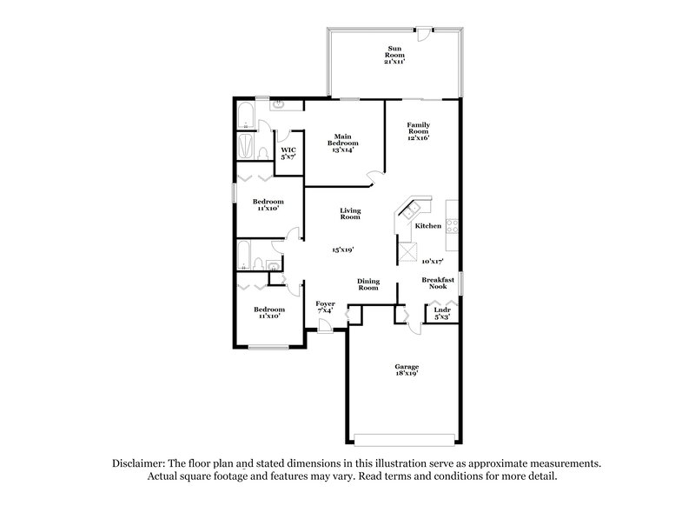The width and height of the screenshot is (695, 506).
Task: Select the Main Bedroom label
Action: pos(342,143)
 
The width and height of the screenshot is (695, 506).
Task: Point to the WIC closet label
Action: pos(288,153)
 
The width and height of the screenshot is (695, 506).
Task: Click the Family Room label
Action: pos(420,130)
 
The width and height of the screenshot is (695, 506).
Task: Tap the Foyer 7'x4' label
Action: pos(325,307)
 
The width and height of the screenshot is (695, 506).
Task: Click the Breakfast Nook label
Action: pos(439,283)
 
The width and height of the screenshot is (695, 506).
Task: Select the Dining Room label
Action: pos(368,284)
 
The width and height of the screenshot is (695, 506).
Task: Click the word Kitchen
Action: pos(428,226)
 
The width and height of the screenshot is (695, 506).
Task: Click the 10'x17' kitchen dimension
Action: pos(432,261)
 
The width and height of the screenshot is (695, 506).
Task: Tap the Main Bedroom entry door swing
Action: pos(374,178)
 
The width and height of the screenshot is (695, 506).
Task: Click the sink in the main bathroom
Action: pos(278,105)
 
